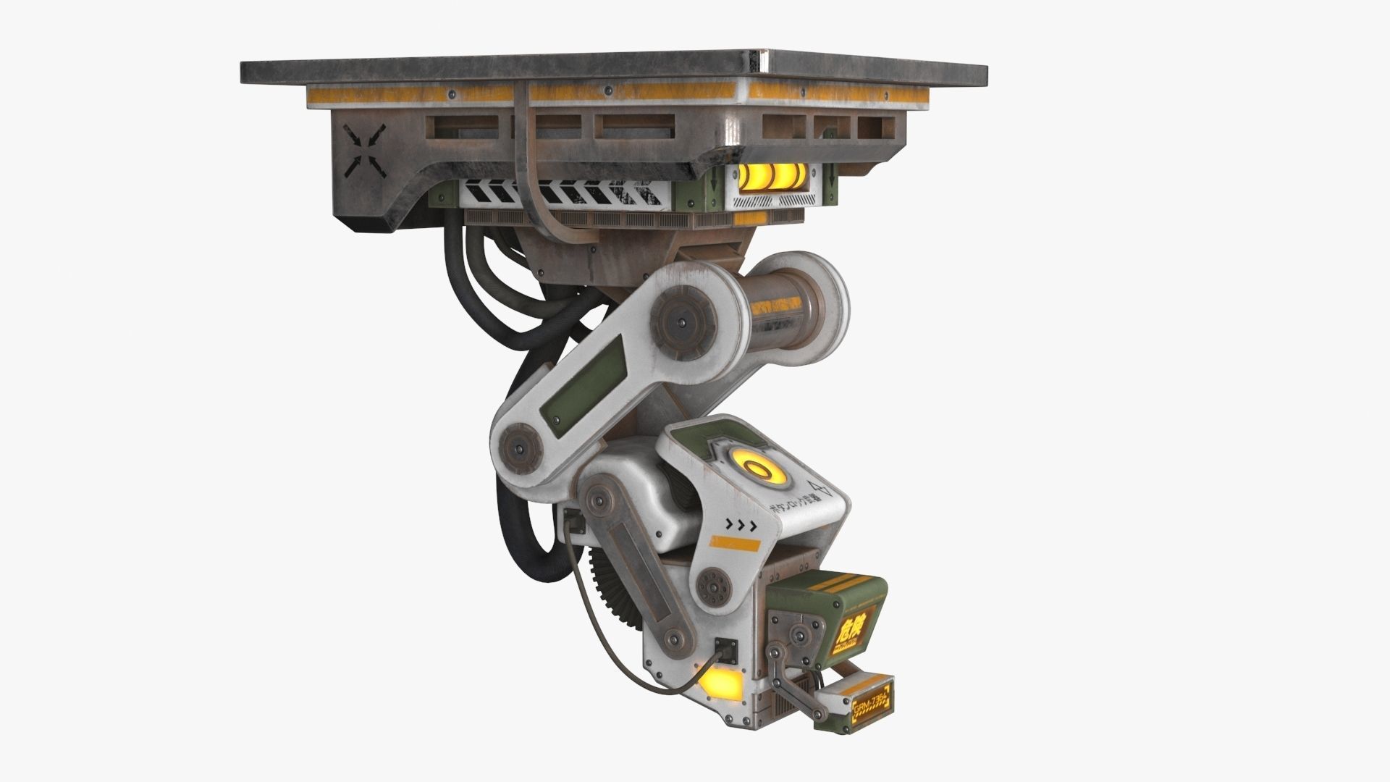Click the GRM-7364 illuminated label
click(x=874, y=699)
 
